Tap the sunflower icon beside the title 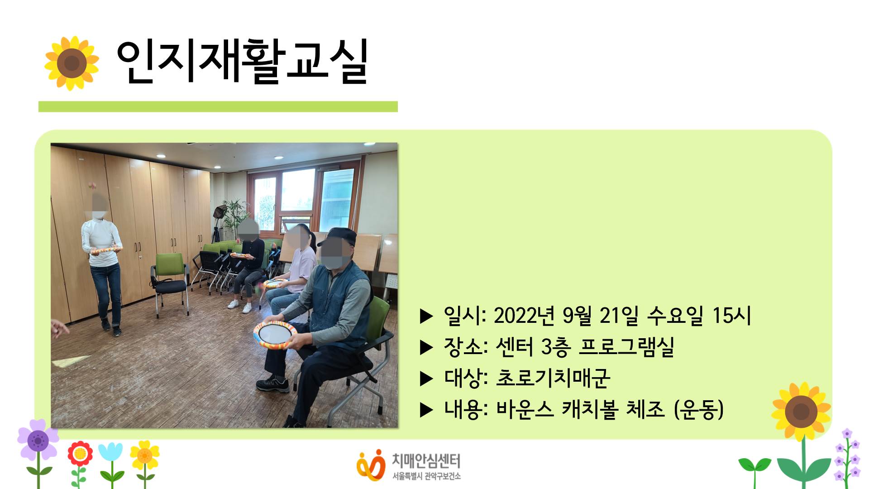[x=72, y=63]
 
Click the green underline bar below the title [x=218, y=107]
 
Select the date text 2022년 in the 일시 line [x=524, y=316]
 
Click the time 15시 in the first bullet [x=731, y=316]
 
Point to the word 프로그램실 [x=626, y=347]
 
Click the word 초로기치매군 [x=553, y=378]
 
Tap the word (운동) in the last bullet [x=698, y=409]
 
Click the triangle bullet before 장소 [x=426, y=348]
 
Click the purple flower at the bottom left [x=38, y=440]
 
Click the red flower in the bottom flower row [x=80, y=453]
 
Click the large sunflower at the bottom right [x=801, y=411]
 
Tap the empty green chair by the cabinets [x=170, y=276]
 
